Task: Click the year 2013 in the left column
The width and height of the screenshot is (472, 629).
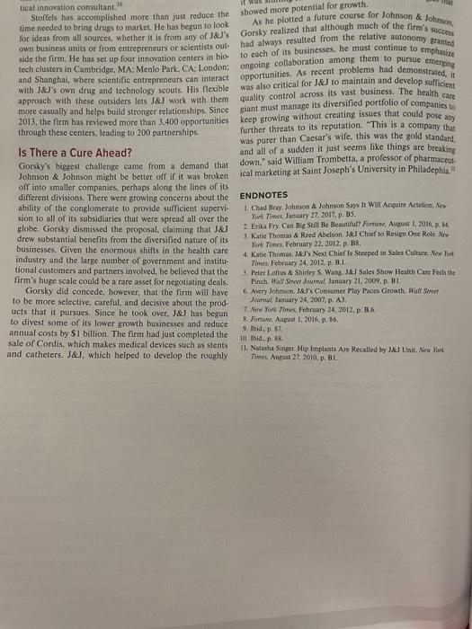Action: [x=17, y=120]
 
